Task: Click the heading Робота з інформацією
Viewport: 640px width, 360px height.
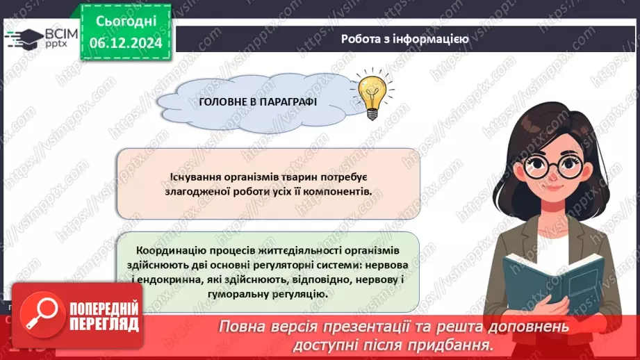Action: coord(404,39)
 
